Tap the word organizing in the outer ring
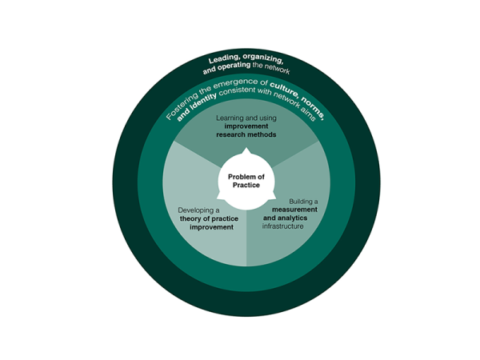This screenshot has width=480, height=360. [x=262, y=60]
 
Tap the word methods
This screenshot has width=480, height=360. [x=263, y=134]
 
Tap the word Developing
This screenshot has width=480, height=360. [x=194, y=210]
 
